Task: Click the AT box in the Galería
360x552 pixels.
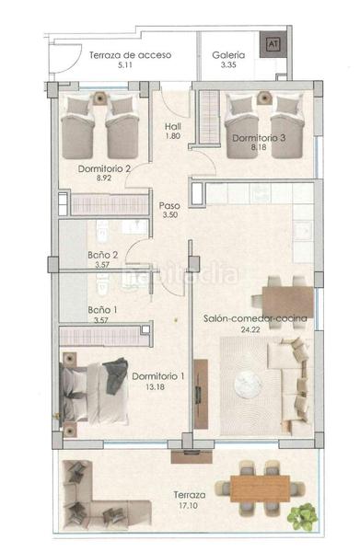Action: point(271,43)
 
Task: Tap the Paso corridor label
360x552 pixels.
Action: point(168,206)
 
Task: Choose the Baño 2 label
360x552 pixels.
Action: point(102,255)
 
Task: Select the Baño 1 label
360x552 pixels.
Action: point(102,310)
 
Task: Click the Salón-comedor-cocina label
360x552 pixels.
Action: point(254,318)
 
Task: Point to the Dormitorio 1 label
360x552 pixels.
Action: point(158,375)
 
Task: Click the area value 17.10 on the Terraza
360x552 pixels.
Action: point(187,505)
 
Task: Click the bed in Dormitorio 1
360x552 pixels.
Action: point(91,387)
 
